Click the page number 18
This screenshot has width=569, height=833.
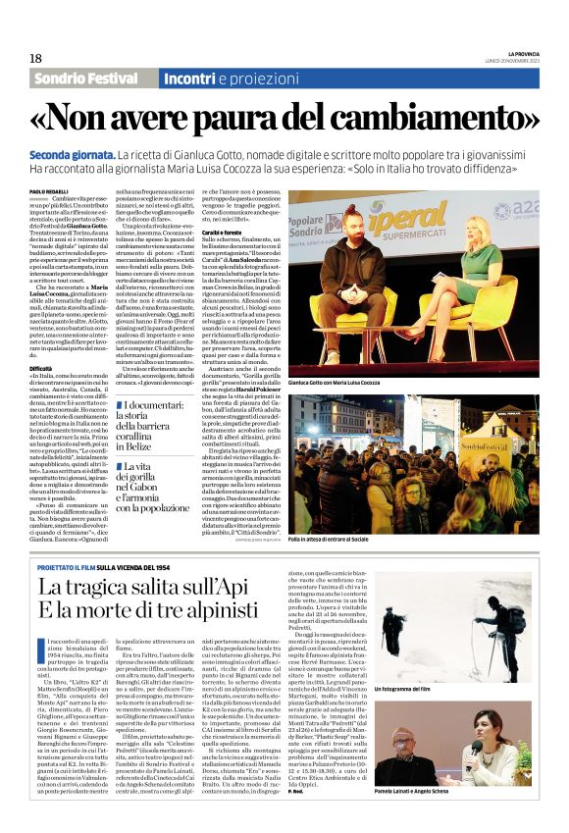[x=35, y=58]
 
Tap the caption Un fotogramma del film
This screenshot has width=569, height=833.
[x=460, y=717]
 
